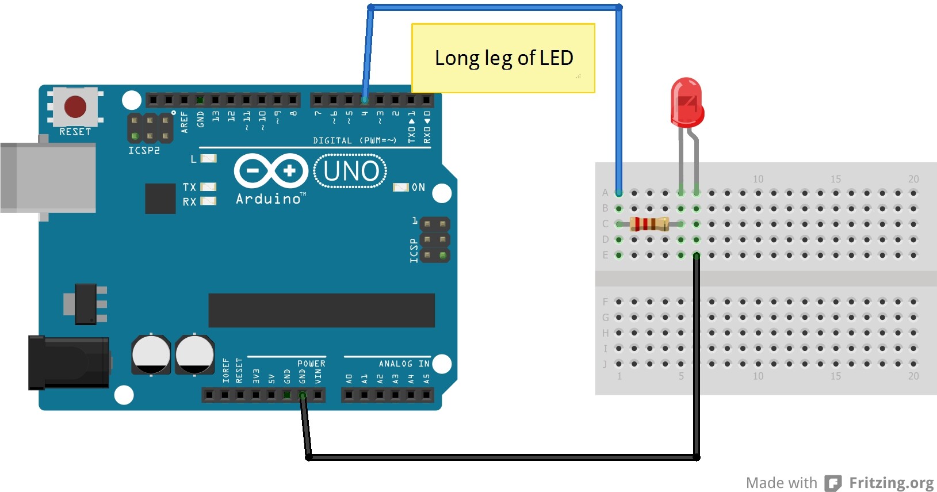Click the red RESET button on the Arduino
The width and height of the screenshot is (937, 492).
point(75,106)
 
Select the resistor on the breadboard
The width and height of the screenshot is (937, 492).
point(649,224)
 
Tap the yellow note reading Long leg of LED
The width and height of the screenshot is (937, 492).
point(503,58)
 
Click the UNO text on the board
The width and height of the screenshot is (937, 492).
point(351,171)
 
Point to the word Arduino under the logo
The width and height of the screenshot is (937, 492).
point(269,199)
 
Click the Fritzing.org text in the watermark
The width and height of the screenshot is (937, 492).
point(891,483)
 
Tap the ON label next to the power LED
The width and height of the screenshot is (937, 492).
point(418,188)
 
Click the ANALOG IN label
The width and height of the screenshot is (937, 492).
point(404,364)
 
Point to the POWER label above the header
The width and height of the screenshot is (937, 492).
point(311,364)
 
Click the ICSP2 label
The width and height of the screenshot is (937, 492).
point(144,150)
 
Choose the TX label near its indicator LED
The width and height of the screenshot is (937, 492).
point(189,187)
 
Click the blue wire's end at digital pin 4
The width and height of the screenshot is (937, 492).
point(364,100)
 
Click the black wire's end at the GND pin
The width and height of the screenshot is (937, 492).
point(302,395)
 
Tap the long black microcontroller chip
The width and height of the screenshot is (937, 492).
point(321,310)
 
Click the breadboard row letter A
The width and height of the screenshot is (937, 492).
point(605,193)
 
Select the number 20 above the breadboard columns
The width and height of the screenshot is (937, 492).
point(913,179)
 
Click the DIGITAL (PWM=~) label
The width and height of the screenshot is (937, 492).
point(355,140)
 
